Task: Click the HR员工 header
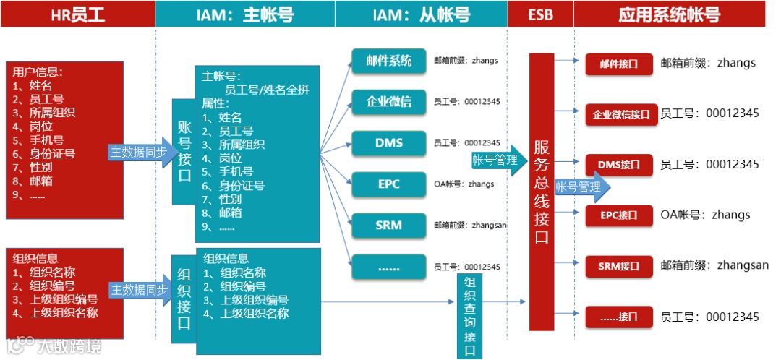77,14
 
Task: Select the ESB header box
540,14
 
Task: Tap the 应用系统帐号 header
670,14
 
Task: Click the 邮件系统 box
388,61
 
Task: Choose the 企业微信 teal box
388,101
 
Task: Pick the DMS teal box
388,142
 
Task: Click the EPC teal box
388,184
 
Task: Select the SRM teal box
388,225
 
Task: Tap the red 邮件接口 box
618,64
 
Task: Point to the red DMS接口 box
618,165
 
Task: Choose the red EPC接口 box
618,215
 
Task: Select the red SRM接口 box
618,266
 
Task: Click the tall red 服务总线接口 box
542,192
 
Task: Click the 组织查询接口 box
469,316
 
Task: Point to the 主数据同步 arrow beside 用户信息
138,152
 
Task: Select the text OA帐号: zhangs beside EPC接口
705,215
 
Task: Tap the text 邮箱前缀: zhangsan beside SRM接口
714,265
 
